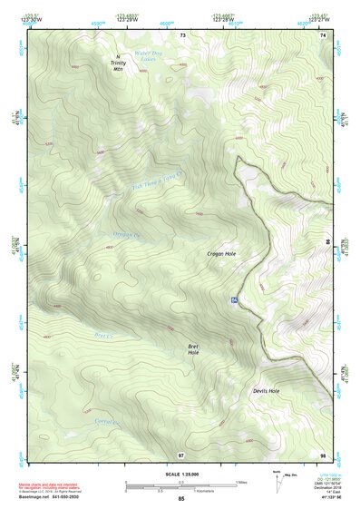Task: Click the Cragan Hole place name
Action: click(x=221, y=256)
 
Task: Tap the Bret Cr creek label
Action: click(x=105, y=334)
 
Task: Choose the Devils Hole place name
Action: click(x=267, y=391)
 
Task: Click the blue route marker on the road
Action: click(x=234, y=299)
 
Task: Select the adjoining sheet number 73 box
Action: click(x=182, y=34)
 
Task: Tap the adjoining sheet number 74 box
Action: click(x=323, y=34)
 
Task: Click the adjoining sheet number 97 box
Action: click(x=181, y=453)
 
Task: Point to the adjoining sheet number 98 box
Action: click(x=323, y=453)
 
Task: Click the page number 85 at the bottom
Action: click(x=181, y=499)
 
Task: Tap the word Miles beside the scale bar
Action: click(x=241, y=482)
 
